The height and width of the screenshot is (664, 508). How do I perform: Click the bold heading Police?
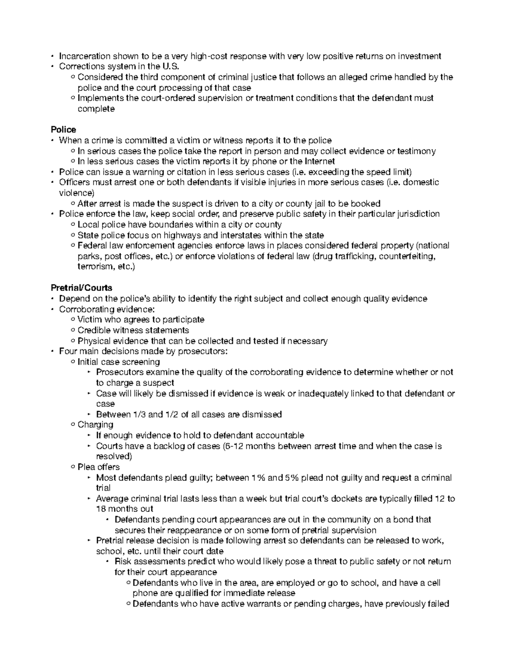click(x=63, y=129)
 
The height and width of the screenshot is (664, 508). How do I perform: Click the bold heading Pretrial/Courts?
click(x=81, y=288)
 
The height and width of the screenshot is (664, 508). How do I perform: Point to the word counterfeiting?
click(x=408, y=256)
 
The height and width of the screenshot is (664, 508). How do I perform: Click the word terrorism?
click(x=95, y=267)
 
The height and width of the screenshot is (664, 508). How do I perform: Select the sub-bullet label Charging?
click(x=95, y=425)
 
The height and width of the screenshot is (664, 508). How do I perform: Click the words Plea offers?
click(x=99, y=467)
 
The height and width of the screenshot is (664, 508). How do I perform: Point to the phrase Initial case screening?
click(x=119, y=362)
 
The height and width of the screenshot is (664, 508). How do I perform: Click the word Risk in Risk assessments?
click(x=123, y=562)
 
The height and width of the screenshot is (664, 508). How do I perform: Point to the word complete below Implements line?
click(x=96, y=109)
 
